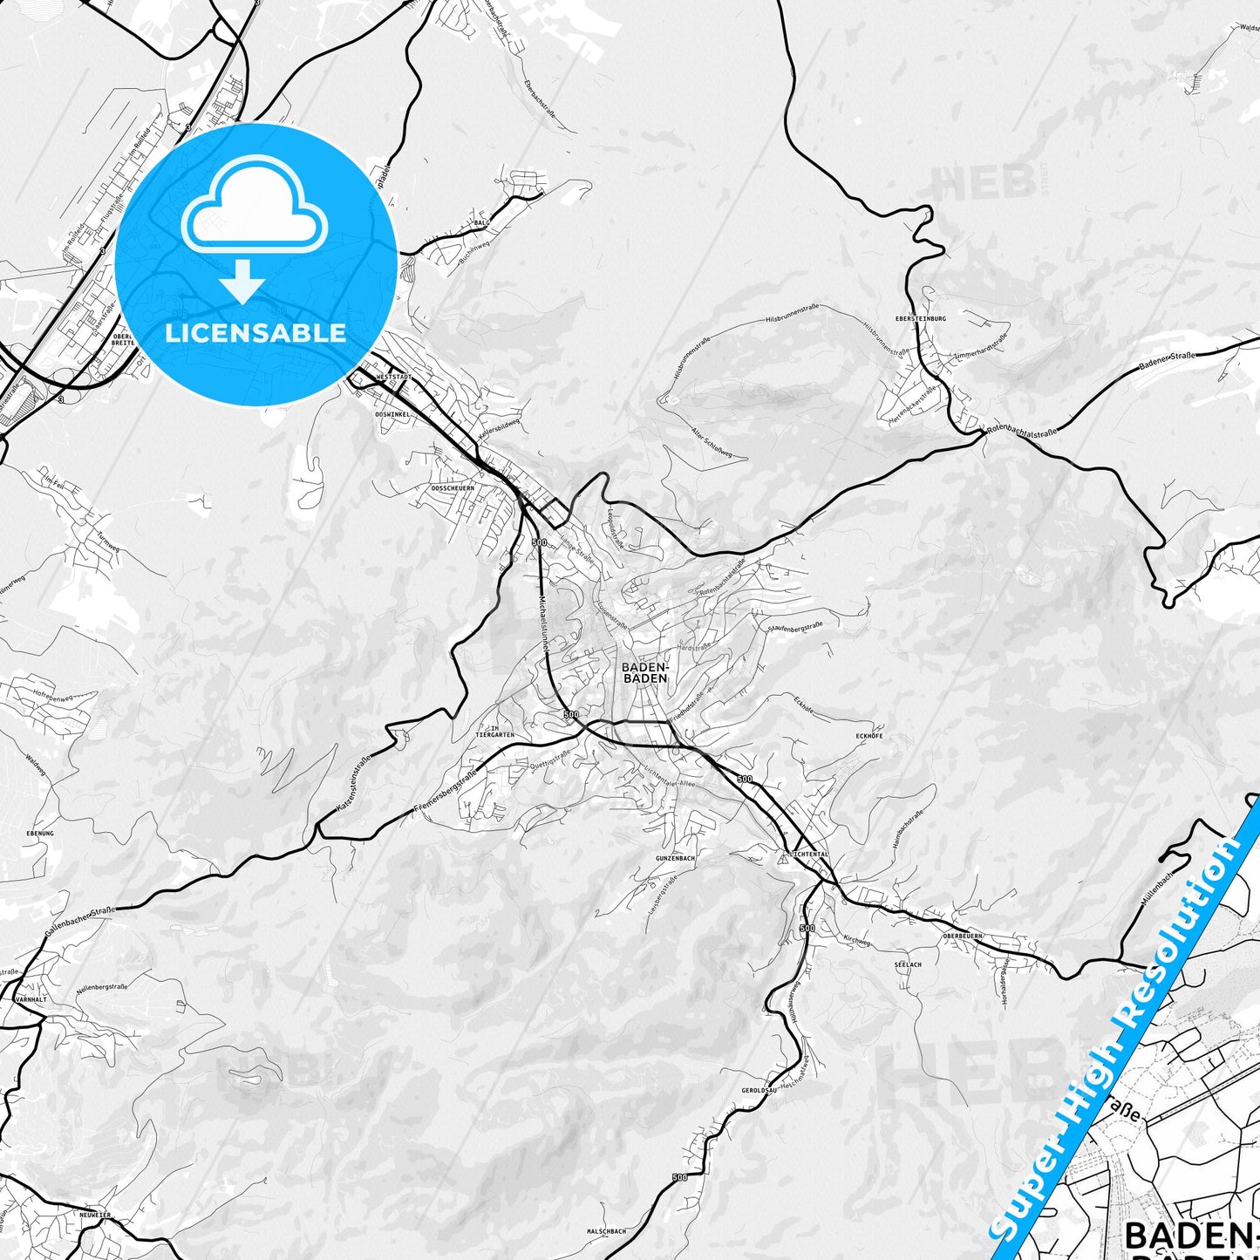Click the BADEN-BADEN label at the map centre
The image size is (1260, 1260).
pyautogui.click(x=645, y=672)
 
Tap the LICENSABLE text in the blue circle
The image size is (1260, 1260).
pyautogui.click(x=255, y=333)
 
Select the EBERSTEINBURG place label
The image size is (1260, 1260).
pyautogui.click(x=926, y=319)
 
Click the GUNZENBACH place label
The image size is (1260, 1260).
pyautogui.click(x=676, y=858)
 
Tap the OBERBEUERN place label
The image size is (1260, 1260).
pyautogui.click(x=963, y=935)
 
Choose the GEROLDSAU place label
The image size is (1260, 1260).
pyautogui.click(x=759, y=1091)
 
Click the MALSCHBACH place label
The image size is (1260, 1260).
pyautogui.click(x=606, y=1231)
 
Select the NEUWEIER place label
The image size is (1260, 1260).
pyautogui.click(x=93, y=1215)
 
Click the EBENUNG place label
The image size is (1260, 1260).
pyautogui.click(x=40, y=834)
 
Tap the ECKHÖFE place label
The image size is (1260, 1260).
pyautogui.click(x=869, y=736)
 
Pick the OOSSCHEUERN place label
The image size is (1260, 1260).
pyautogui.click(x=453, y=488)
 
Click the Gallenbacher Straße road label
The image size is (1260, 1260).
pyautogui.click(x=79, y=921)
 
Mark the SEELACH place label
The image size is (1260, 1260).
pyautogui.click(x=908, y=964)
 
